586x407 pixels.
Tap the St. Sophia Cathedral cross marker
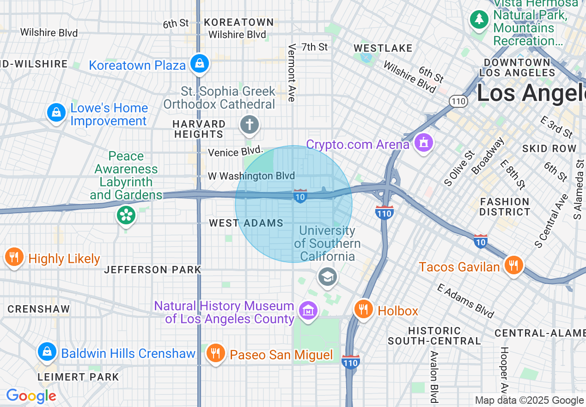[x=249, y=124]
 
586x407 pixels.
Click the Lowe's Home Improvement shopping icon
[x=56, y=112]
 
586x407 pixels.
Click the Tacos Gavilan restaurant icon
[x=513, y=265]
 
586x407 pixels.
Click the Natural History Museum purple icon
[x=307, y=310]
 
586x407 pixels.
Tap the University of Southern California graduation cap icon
[x=328, y=277]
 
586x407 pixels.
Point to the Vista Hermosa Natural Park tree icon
[x=480, y=19]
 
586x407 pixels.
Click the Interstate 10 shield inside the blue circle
[x=300, y=196]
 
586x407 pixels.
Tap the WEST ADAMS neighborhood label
[x=246, y=223]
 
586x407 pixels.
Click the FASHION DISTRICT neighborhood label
[x=505, y=207]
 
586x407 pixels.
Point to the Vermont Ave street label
[x=292, y=73]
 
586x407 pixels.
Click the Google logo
[x=31, y=396]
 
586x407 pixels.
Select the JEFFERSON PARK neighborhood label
[x=153, y=270]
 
